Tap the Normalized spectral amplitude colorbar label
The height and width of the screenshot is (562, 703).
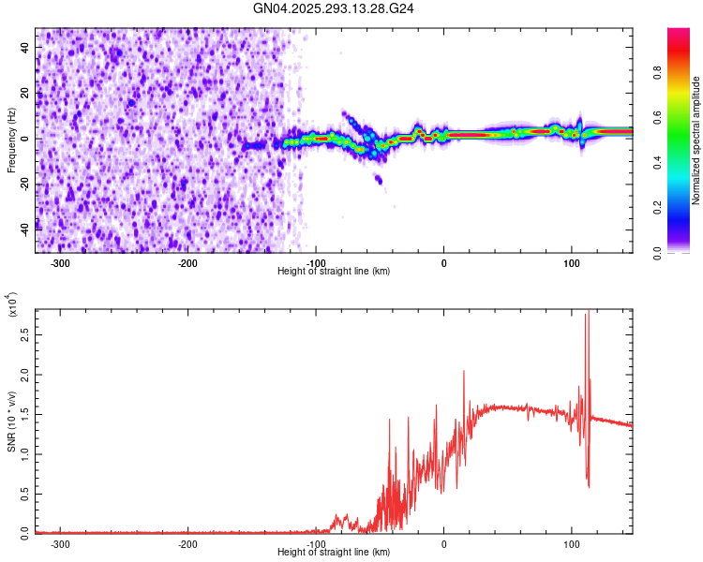pyautogui.click(x=696, y=140)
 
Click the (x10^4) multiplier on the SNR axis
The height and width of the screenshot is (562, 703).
pyautogui.click(x=12, y=305)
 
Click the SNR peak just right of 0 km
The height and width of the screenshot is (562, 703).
pyautogui.click(x=463, y=372)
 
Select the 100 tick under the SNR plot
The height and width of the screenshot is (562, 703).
pyautogui.click(x=571, y=543)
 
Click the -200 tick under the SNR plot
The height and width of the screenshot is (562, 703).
pyautogui.click(x=188, y=543)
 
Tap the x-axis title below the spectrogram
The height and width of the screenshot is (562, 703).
pyautogui.click(x=334, y=271)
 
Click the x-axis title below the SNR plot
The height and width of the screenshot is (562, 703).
pyautogui.click(x=334, y=553)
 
